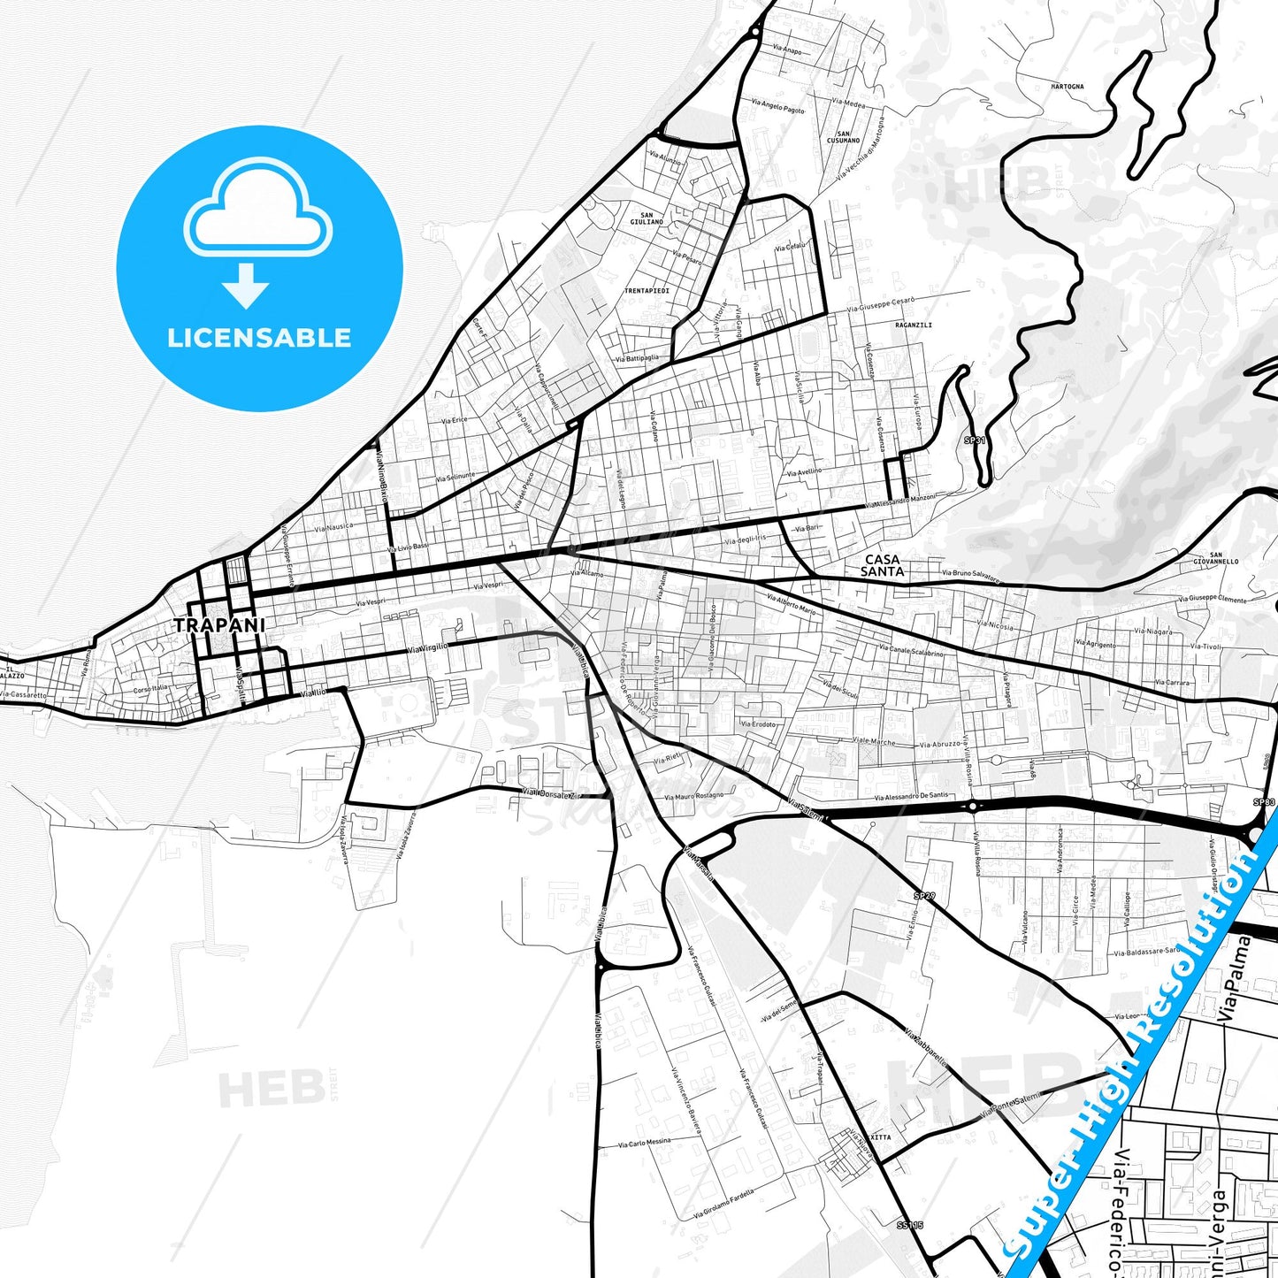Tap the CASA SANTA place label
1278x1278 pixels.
(883, 565)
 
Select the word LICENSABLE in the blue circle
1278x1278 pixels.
(259, 337)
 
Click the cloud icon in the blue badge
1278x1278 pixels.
(257, 210)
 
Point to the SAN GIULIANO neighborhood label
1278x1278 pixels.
(647, 218)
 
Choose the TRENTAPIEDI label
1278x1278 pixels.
(647, 290)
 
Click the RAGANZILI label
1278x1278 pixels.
(914, 325)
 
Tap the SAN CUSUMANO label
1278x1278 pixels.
(843, 137)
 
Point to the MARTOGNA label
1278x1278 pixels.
(1068, 87)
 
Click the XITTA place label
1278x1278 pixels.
(881, 1137)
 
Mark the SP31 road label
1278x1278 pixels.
(974, 440)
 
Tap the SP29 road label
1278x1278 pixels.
(924, 896)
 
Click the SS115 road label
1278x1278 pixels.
(909, 1225)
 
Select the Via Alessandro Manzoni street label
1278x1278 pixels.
(899, 501)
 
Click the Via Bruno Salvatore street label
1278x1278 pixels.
(970, 576)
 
